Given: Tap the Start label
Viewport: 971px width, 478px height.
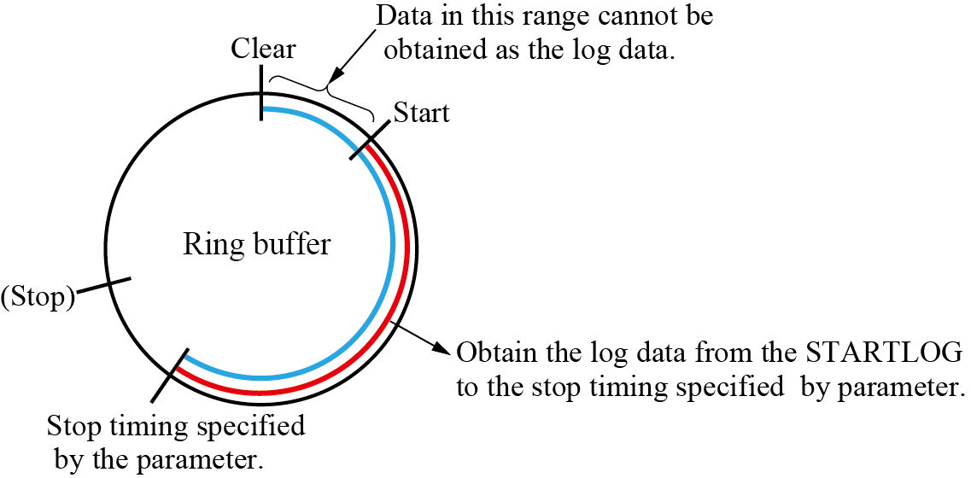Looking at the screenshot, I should tap(421, 112).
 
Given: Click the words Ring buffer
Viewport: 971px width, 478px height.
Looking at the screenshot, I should tap(256, 246).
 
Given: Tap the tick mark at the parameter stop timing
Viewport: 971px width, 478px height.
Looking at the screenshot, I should tap(169, 376).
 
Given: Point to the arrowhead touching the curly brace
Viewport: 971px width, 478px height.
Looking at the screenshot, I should tap(336, 79).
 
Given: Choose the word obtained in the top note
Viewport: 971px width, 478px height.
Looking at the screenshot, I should tap(436, 50).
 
